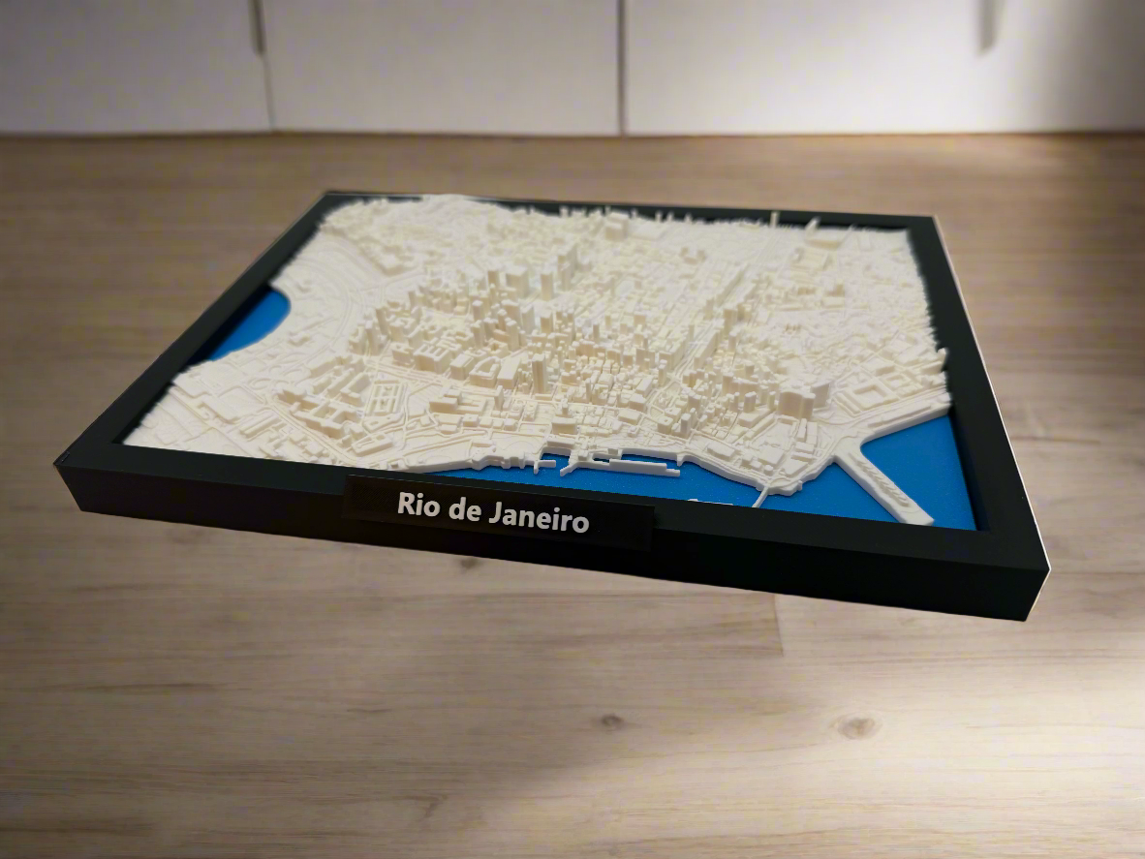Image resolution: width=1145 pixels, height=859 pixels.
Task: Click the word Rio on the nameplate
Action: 418,505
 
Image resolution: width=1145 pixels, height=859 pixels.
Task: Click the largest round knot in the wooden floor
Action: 856,725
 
